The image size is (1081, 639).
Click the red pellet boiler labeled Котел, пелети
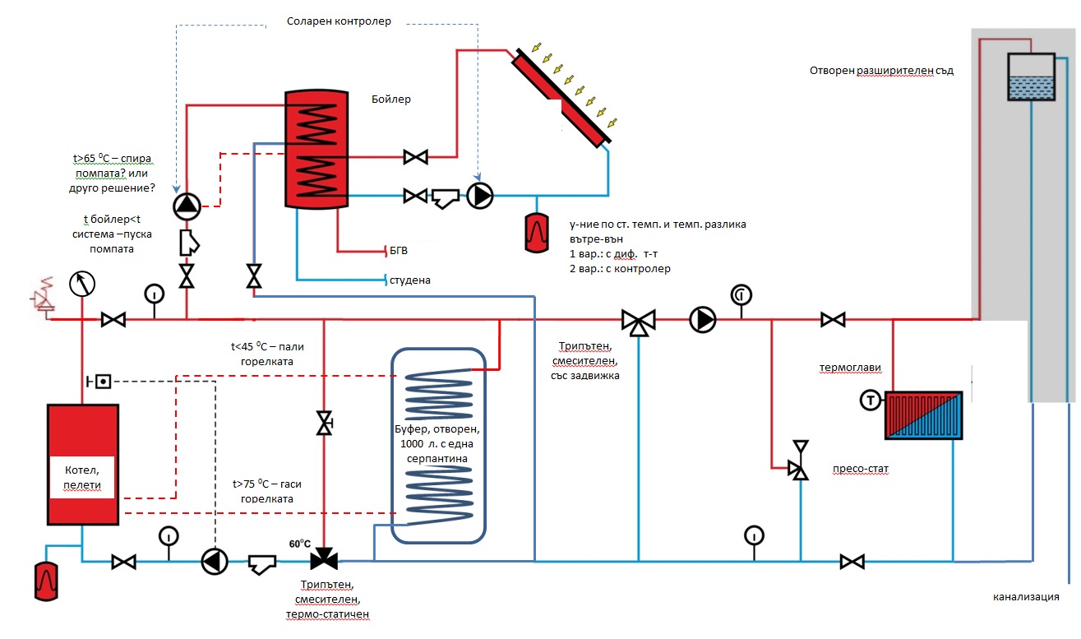(82, 464)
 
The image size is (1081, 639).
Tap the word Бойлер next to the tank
(391, 100)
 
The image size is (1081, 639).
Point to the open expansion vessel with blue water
(1031, 77)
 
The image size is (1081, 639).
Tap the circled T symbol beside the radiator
(870, 401)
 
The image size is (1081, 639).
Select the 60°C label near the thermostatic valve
(300, 544)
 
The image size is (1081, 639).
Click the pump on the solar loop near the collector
(479, 196)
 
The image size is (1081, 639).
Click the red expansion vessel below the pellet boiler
(47, 581)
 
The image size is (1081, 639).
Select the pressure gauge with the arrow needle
(81, 284)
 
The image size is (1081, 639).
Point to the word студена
(411, 280)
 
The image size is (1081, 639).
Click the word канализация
(1025, 597)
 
